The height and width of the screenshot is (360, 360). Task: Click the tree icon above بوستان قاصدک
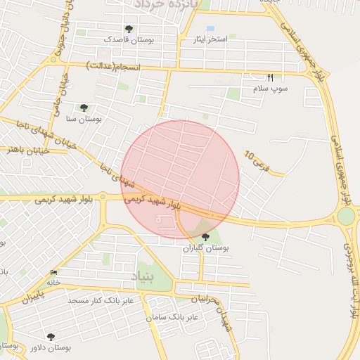click(x=129, y=29)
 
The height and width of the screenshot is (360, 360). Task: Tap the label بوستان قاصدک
click(x=129, y=40)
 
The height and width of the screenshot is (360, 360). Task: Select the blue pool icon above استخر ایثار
click(x=210, y=28)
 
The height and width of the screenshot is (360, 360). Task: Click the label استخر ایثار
click(x=210, y=39)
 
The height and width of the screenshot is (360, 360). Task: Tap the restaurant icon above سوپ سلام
click(x=269, y=77)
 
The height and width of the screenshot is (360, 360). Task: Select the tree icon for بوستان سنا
click(x=84, y=108)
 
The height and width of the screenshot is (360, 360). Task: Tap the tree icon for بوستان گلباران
click(x=205, y=237)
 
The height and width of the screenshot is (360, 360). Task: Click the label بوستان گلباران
click(x=206, y=248)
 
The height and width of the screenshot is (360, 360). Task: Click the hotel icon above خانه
click(x=54, y=272)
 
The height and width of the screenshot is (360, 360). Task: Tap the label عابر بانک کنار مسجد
click(x=105, y=300)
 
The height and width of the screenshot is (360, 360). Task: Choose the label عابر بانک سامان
click(x=172, y=317)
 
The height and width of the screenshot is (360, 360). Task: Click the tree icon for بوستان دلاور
click(x=51, y=336)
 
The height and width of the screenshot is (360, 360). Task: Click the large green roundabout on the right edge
click(x=347, y=216)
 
